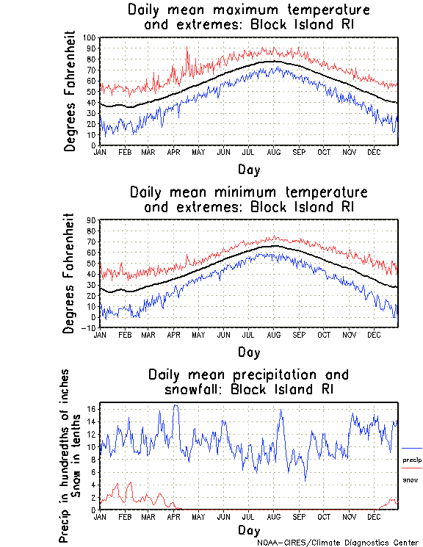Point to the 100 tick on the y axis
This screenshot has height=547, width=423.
click(89, 37)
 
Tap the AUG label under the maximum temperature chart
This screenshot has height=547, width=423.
click(272, 152)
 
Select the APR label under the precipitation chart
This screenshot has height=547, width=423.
click(173, 516)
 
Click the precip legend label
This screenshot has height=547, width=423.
click(412, 460)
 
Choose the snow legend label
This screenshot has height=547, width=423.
click(411, 479)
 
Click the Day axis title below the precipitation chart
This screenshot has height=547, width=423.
click(249, 530)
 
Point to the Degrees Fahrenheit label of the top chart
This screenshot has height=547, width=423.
click(71, 91)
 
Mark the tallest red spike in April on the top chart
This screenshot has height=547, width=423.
click(187, 48)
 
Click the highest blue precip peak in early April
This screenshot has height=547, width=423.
click(175, 405)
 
